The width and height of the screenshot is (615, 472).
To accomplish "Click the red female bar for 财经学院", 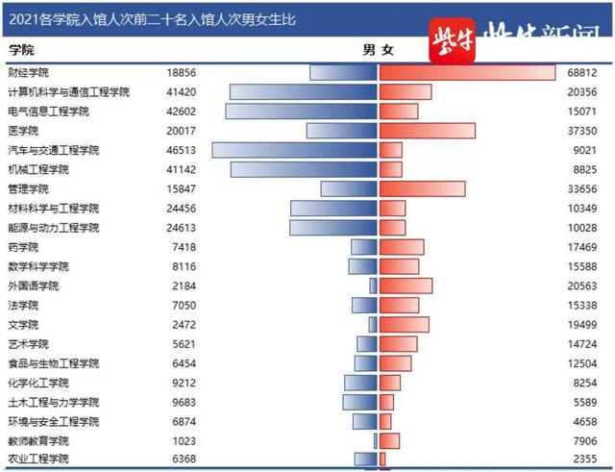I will pyautogui.click(x=467, y=72).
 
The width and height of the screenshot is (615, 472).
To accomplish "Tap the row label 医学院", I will pyautogui.click(x=23, y=131).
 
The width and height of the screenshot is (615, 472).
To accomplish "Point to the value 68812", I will pyautogui.click(x=582, y=73).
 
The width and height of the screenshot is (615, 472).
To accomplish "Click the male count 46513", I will pyautogui.click(x=181, y=151).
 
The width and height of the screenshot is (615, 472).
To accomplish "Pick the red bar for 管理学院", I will pyautogui.click(x=422, y=189).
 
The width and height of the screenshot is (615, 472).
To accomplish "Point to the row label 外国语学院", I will pyautogui.click(x=33, y=286).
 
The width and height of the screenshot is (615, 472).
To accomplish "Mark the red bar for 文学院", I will pyautogui.click(x=404, y=325).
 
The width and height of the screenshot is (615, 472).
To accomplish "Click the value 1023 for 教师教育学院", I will pyautogui.click(x=183, y=440).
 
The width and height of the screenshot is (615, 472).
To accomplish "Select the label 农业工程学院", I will pyautogui.click(x=38, y=460).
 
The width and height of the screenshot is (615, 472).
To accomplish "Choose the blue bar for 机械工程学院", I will pyautogui.click(x=303, y=169).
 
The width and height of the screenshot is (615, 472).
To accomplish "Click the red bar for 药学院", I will pyautogui.click(x=402, y=247).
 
